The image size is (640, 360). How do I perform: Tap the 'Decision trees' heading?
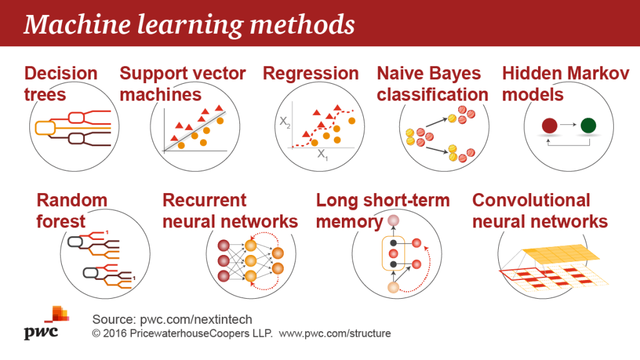[x=61, y=84]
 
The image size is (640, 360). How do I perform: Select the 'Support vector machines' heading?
[x=183, y=84]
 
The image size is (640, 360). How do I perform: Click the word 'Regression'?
[x=311, y=73]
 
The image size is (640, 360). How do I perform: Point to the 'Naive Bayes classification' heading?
[x=432, y=84]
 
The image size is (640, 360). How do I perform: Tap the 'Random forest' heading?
[x=72, y=211]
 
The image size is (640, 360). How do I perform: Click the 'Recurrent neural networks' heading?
[x=230, y=211]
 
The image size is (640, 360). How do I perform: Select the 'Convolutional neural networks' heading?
[x=540, y=211]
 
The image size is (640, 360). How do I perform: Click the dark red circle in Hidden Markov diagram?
[x=549, y=126]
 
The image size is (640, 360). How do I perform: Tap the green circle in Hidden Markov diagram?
[x=588, y=126]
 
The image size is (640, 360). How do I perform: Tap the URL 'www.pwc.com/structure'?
[x=335, y=334]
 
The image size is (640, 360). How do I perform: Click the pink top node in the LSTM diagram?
[x=393, y=221]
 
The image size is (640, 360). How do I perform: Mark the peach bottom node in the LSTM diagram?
[x=393, y=287]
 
